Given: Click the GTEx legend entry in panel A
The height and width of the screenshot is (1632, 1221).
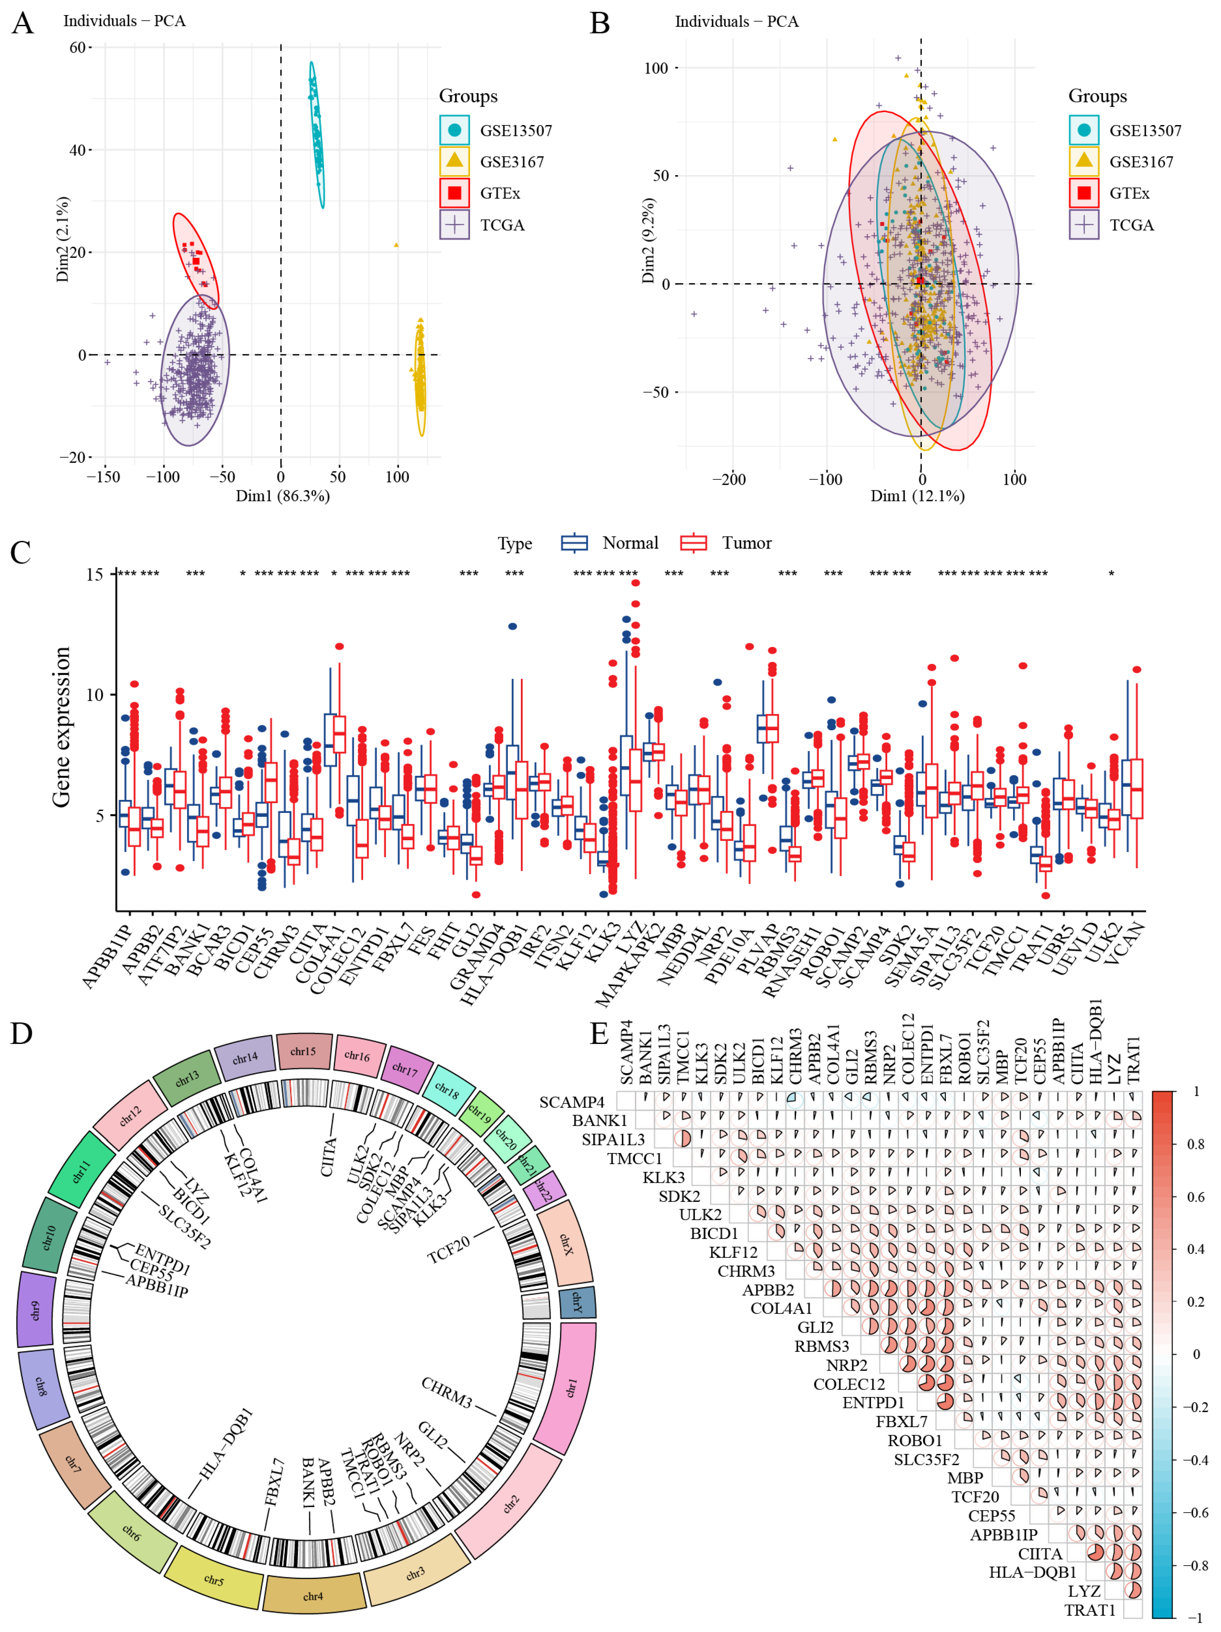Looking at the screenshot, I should [x=499, y=193].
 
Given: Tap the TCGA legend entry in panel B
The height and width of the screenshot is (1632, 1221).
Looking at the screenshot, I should [x=1130, y=225].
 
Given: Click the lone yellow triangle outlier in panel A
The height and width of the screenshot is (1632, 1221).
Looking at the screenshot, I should [x=397, y=245].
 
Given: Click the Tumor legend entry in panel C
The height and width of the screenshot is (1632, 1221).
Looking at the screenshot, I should [x=745, y=543].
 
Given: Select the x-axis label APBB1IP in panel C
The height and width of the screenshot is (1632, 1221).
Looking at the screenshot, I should [x=106, y=957].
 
